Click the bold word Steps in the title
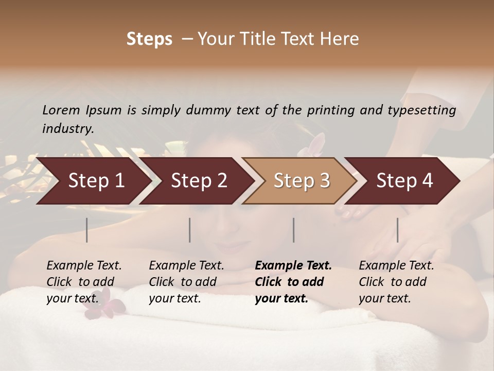(149, 39)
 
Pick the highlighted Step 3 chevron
(302, 181)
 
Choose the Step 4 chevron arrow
(404, 181)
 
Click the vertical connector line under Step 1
(87, 230)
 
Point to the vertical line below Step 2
(190, 230)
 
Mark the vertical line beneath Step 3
(294, 230)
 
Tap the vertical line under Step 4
(397, 230)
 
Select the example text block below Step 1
(84, 281)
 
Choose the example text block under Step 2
(186, 281)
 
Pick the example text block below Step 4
(396, 281)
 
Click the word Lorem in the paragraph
(61, 110)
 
